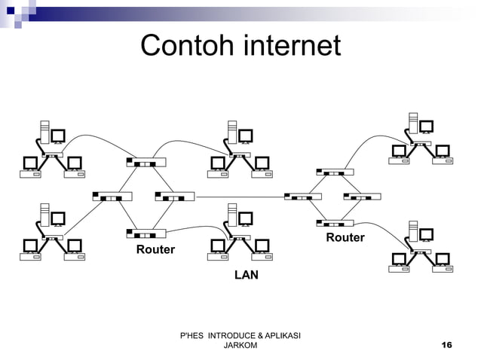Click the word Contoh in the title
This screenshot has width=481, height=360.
pos(185,47)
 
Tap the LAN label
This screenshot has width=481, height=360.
pos(246,276)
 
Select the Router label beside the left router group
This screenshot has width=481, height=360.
pos(155,249)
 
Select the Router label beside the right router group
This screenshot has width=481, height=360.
pos(345,238)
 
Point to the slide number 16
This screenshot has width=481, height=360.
pos(446,344)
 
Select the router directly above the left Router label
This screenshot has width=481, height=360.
pos(146,233)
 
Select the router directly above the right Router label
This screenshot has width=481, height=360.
pos(335,223)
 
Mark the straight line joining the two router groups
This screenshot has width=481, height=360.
pos(239,197)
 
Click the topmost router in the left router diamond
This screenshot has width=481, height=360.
pos(146,162)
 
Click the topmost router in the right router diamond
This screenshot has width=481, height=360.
pos(335,172)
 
